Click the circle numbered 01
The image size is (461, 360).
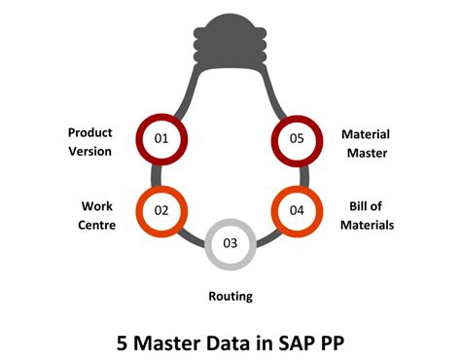(161, 139)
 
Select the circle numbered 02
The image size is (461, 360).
(161, 209)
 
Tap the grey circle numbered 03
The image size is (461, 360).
(230, 242)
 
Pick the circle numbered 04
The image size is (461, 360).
(298, 209)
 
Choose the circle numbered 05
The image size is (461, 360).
(298, 139)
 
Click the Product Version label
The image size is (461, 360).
(89, 141)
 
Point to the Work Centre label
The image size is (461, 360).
(97, 215)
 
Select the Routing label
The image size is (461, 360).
(230, 296)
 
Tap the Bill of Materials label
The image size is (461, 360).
(371, 215)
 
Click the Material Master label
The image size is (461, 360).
(366, 141)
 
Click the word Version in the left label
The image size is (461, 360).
(89, 151)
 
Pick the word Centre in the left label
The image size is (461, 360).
(97, 225)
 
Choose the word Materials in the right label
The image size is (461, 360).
(372, 225)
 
